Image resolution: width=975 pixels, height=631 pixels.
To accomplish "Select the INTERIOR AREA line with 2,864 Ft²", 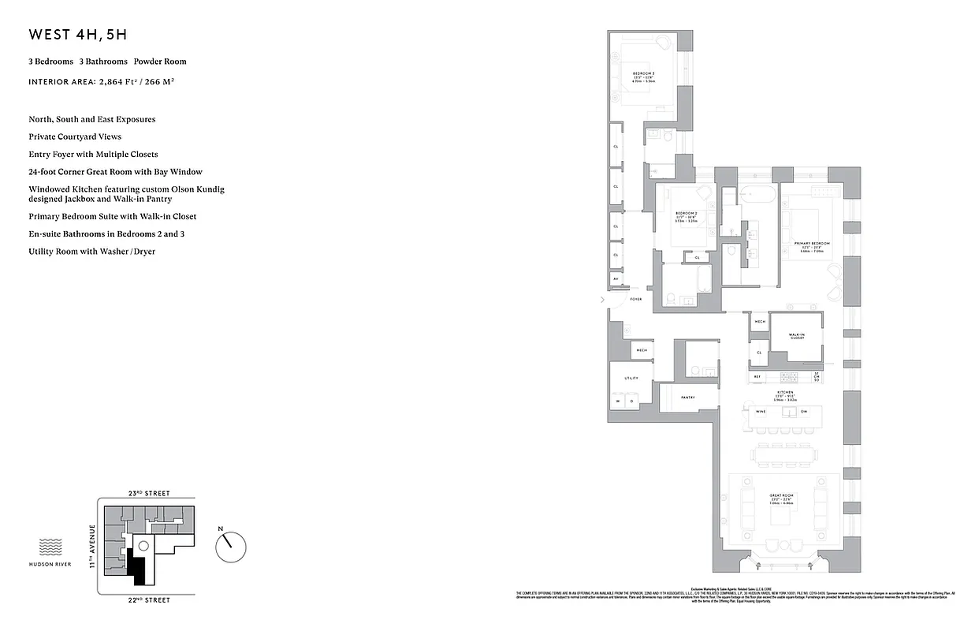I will tap(101, 81).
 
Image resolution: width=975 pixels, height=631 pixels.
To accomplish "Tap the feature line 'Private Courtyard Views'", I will tap(75, 136).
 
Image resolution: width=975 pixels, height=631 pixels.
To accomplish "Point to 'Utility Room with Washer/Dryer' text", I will tap(91, 252).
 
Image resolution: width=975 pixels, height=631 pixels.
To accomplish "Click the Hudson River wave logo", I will tap(50, 547).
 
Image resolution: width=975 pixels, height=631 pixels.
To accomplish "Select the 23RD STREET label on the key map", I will tap(148, 493).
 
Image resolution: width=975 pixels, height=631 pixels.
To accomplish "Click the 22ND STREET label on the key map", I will tap(148, 600).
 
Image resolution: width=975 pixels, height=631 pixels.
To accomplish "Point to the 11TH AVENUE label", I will tap(91, 546).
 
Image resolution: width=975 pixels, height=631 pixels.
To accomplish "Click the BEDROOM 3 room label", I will tap(643, 74).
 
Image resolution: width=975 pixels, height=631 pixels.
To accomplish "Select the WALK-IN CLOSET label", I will tap(797, 336).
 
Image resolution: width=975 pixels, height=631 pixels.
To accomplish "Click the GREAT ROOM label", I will tap(782, 495).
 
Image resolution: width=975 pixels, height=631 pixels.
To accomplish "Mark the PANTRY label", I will tap(687, 398).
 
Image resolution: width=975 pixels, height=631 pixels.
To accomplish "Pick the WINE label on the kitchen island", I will tap(761, 412).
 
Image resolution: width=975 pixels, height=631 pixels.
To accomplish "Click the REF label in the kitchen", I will tap(757, 377).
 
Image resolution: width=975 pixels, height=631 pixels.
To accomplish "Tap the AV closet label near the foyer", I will tap(616, 279).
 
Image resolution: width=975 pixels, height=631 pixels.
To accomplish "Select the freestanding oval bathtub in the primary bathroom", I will tap(757, 192).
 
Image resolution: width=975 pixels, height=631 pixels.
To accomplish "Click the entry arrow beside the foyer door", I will tap(603, 300).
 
